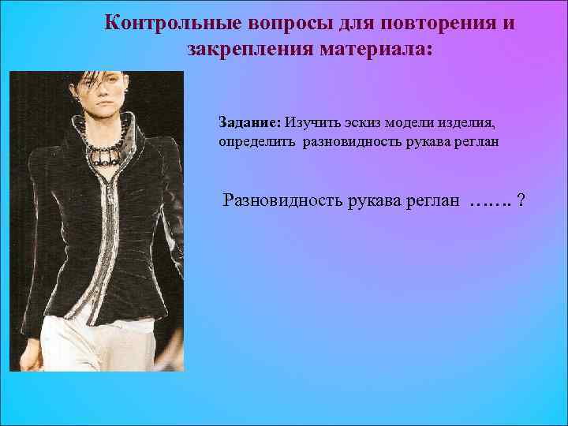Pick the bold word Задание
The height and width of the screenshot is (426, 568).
coord(250,123)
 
